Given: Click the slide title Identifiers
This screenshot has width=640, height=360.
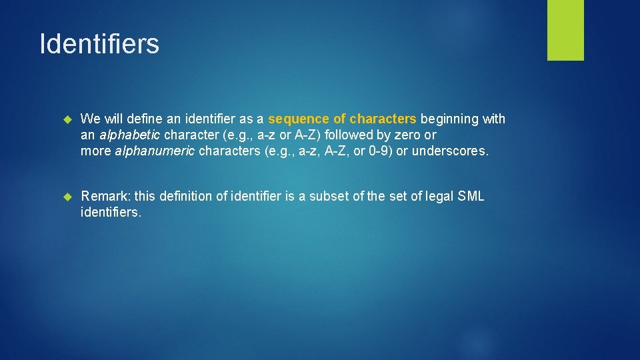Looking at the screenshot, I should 99,44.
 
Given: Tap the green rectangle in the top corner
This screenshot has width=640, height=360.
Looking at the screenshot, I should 565,30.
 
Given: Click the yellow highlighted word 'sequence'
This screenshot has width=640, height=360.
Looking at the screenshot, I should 299,119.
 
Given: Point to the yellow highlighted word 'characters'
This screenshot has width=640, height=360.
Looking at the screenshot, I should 383,119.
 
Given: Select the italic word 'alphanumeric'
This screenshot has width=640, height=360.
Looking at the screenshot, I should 155,151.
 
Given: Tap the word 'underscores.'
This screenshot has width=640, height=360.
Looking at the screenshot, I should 450,151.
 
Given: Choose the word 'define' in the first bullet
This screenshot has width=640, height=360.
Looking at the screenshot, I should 146,119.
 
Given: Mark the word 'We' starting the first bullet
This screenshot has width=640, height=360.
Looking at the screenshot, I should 89,119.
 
